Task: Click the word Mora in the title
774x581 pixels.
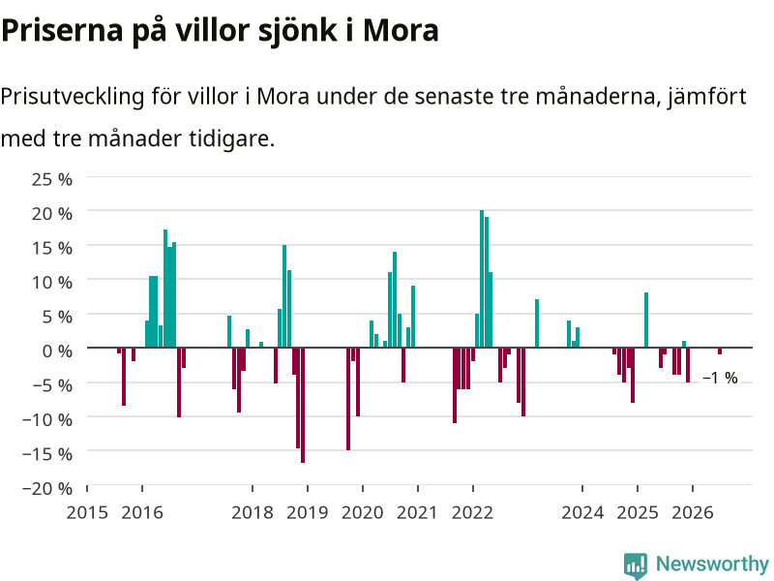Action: [401, 30]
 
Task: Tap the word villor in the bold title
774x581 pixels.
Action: [213, 30]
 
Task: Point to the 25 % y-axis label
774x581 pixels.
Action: [52, 179]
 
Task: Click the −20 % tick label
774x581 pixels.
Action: [47, 488]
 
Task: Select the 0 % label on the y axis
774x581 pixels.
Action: [57, 351]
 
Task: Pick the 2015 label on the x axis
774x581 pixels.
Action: [87, 512]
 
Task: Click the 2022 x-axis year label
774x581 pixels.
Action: [472, 512]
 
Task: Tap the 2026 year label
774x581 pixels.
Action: [693, 512]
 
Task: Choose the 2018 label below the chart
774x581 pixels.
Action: [253, 512]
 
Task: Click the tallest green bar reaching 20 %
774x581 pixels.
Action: [482, 279]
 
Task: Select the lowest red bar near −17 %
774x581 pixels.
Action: [303, 405]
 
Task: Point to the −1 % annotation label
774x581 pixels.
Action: [720, 378]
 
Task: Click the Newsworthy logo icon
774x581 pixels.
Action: [636, 566]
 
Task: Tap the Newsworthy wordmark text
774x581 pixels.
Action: [712, 564]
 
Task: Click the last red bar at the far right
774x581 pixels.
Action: [720, 351]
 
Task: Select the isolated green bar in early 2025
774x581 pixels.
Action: [646, 321]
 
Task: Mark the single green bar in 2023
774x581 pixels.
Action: [537, 323]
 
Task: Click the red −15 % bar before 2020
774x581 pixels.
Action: [348, 399]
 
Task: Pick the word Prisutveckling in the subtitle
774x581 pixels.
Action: [72, 97]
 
